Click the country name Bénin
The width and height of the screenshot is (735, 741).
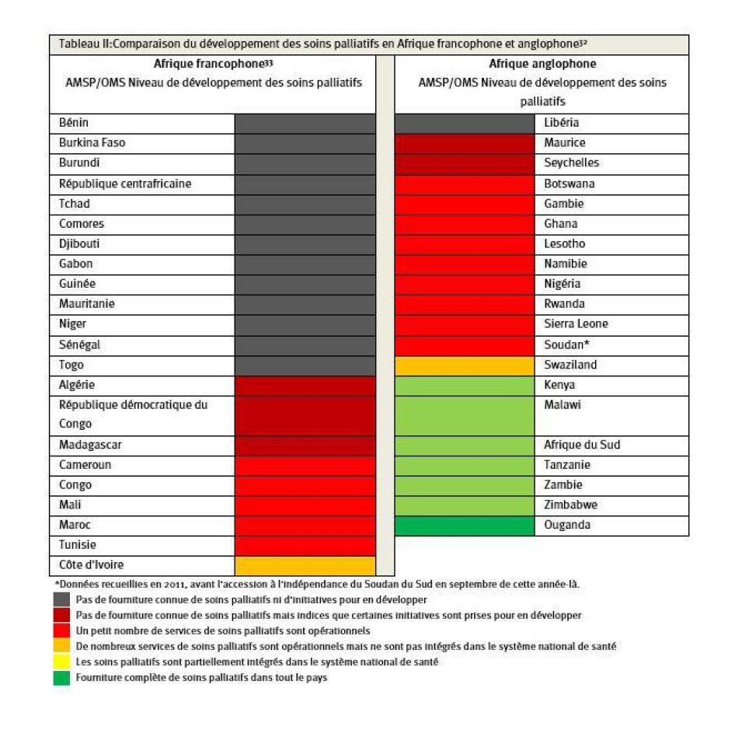point(75,123)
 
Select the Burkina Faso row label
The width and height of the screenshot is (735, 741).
point(92,143)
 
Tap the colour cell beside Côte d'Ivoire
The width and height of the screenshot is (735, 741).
point(305,565)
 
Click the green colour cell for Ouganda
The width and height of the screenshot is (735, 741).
point(465,525)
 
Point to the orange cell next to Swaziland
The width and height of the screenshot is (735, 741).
point(465,365)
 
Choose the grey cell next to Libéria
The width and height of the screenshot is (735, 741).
point(465,123)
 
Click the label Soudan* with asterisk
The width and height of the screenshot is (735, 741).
point(566,344)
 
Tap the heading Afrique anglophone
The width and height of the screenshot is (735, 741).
point(542,65)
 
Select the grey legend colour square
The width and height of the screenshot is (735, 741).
point(61,599)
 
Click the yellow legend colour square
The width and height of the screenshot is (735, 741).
point(61,662)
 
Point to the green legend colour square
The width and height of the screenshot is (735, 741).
point(61,677)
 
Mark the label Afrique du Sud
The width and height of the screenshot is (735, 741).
point(582,445)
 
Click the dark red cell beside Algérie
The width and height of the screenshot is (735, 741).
point(305,385)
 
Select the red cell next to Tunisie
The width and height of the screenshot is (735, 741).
point(305,545)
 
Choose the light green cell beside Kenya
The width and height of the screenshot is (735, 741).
point(465,385)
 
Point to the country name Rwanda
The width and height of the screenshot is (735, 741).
point(565,304)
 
